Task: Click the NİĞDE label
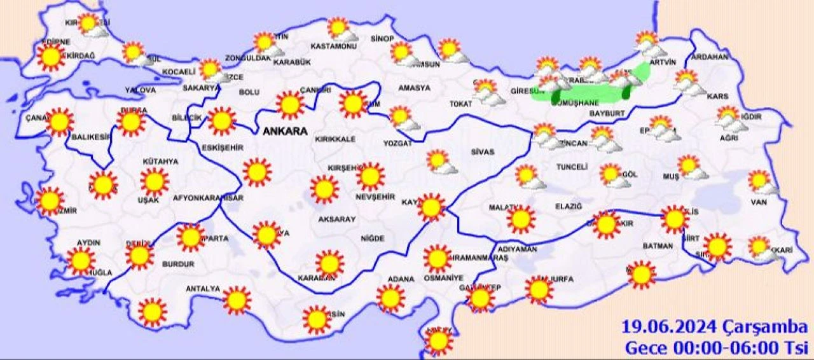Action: point(372,239)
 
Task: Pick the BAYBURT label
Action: point(607,113)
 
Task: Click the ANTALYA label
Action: point(202,289)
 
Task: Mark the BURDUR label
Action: point(178,263)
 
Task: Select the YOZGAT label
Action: point(397,144)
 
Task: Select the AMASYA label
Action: point(414,88)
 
